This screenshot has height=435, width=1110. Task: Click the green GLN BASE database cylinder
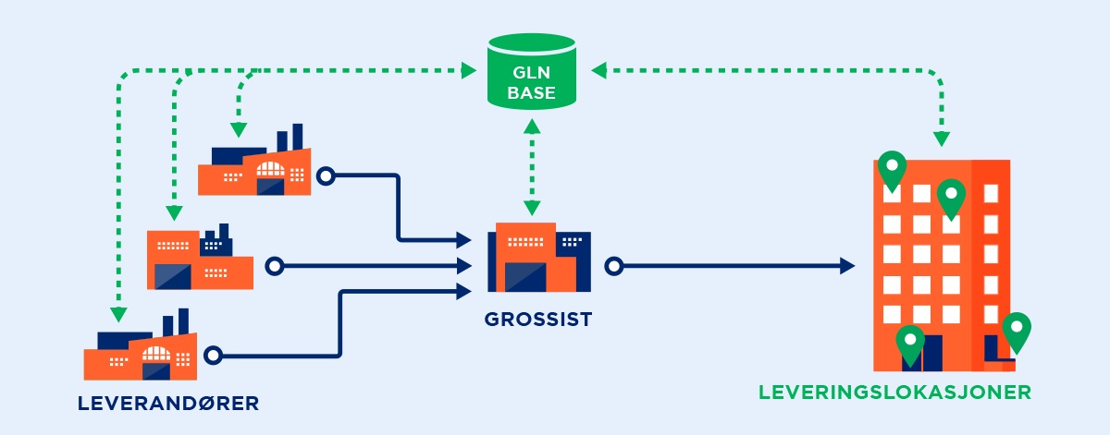pos(531,69)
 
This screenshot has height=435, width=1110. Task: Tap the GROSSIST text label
pos(537,321)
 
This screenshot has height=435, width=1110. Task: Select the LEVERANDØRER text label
pos(168,403)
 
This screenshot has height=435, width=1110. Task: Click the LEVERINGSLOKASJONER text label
pos(894,392)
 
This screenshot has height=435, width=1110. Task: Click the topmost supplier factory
pos(254,163)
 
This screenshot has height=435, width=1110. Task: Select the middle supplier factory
pos(200,260)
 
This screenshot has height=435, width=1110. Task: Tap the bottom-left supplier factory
pos(141,348)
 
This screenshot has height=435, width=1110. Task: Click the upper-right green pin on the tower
pos(951,197)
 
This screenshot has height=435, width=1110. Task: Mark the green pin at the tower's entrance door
pos(910,344)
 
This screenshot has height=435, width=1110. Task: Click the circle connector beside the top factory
pos(325,175)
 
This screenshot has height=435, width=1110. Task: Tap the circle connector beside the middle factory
pos(273,267)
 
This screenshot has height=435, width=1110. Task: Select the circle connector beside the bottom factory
pos(214,355)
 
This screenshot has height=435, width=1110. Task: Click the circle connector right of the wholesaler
pos(612,267)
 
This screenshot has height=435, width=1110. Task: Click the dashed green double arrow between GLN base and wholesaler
pos(532,165)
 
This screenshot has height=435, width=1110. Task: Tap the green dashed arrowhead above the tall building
pos(942,139)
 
